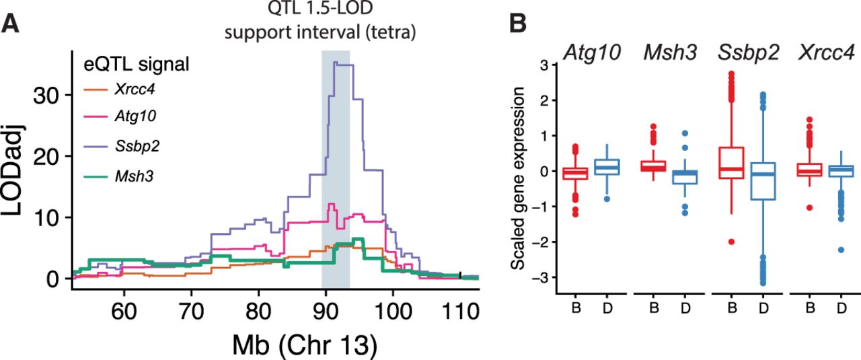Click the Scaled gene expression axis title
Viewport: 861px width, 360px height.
(x=519, y=179)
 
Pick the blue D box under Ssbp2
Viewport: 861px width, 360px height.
(x=762, y=181)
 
